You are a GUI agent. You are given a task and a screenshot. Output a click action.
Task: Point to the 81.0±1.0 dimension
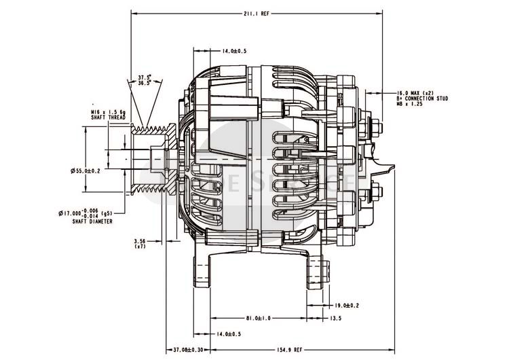259,318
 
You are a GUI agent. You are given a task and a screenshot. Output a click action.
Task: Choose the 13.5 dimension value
335,318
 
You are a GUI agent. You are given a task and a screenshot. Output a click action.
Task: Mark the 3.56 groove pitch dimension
140,240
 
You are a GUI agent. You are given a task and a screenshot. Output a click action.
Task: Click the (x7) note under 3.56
140,246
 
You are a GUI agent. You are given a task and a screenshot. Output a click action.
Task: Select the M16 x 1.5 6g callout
107,111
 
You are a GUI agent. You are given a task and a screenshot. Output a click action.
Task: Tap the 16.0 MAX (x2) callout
415,92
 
